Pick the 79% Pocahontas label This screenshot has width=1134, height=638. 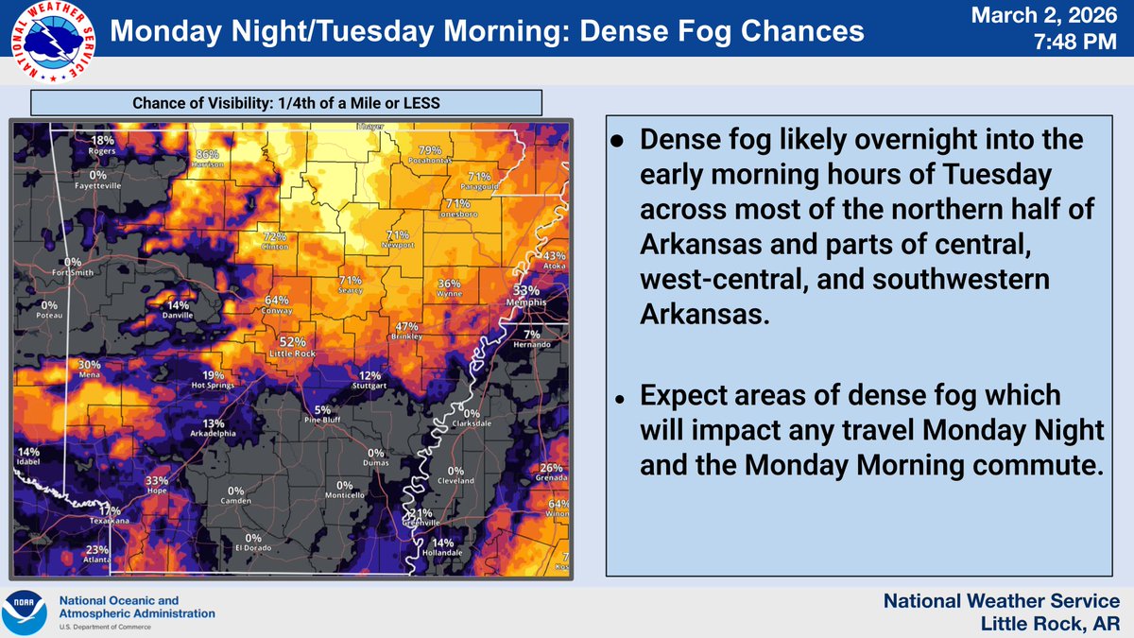431,155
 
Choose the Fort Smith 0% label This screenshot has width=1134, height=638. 73,267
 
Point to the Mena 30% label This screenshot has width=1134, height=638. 90,370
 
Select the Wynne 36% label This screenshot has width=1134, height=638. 450,288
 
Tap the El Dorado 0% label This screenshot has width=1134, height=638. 252,543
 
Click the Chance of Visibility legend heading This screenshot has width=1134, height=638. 286,103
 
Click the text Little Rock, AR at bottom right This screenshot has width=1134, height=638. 1050,623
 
